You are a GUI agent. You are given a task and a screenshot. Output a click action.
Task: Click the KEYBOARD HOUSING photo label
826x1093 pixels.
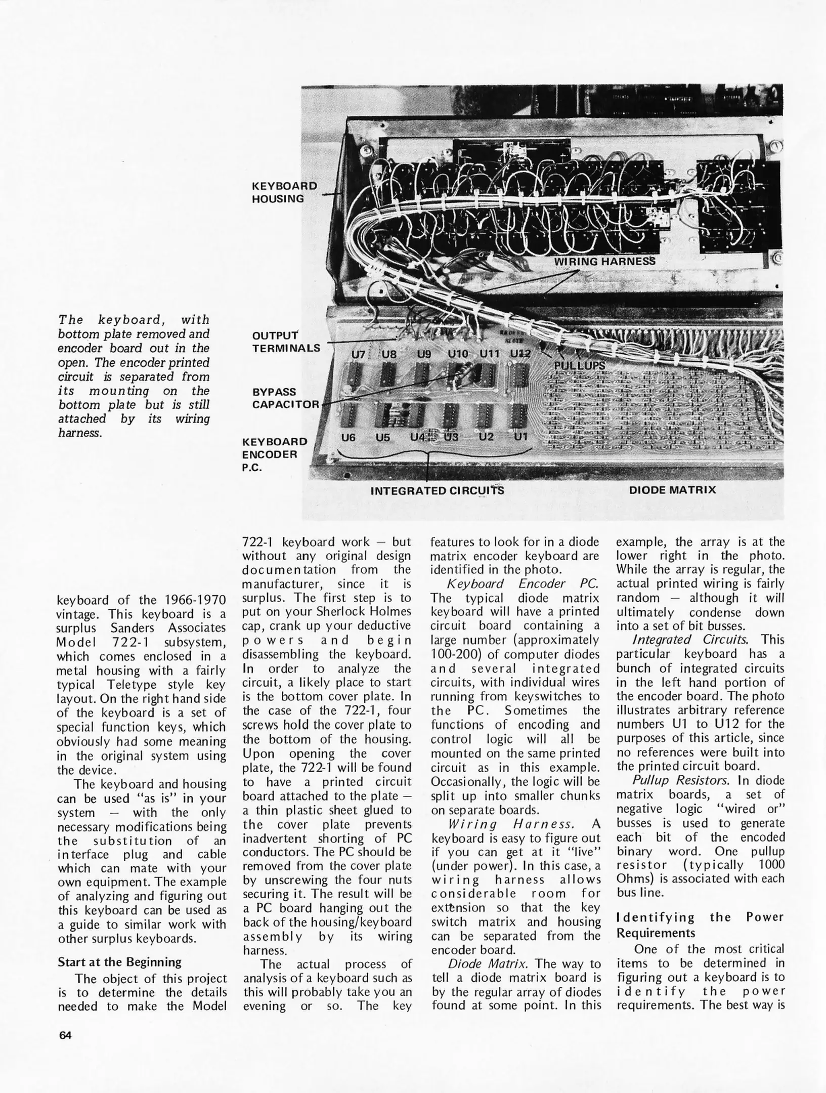284,192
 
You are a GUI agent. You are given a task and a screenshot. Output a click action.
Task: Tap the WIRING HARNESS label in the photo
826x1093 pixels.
604,262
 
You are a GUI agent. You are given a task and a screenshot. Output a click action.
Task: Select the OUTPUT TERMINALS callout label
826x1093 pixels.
286,342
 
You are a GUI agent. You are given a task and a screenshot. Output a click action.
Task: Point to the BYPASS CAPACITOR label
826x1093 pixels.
286,398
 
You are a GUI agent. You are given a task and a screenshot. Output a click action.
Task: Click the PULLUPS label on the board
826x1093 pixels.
579,365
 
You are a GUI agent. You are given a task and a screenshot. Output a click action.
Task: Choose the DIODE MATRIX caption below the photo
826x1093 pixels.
672,490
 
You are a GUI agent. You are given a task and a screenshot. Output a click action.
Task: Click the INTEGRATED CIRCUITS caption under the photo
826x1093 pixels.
437,491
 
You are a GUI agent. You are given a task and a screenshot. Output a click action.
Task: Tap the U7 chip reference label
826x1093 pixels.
358,354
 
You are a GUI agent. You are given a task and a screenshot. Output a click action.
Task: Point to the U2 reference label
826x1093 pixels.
486,436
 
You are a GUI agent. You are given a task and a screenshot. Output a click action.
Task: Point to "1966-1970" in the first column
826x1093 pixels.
195,600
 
